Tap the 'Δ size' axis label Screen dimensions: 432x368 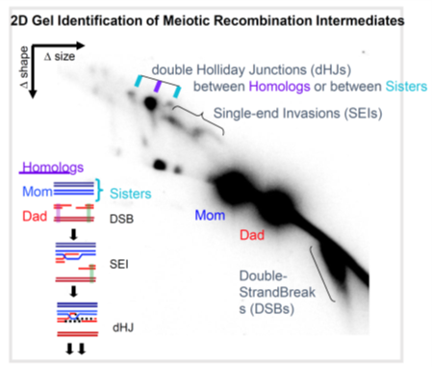[60, 57]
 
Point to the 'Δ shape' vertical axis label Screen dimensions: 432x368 [24, 66]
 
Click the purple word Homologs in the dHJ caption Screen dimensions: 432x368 [279, 87]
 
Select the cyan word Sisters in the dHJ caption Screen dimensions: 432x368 [406, 87]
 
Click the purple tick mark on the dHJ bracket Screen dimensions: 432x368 [157, 87]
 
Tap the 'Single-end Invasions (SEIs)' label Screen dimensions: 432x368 [297, 114]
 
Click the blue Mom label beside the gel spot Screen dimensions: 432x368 [210, 215]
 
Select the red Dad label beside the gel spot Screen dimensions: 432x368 [252, 235]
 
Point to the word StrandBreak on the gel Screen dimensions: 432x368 [277, 292]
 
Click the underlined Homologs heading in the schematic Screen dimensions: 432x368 [53, 168]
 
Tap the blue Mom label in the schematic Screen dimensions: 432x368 [38, 192]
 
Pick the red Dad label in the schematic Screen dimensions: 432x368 [35, 216]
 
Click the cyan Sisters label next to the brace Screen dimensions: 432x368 [131, 194]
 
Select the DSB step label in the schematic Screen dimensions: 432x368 [121, 219]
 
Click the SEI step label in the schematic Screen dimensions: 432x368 [119, 264]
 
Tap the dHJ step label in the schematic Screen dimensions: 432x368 [123, 328]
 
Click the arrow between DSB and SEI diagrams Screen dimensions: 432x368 [74, 234]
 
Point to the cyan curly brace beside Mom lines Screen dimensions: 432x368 [100, 190]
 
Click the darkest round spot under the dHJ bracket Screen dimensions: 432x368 [150, 103]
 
